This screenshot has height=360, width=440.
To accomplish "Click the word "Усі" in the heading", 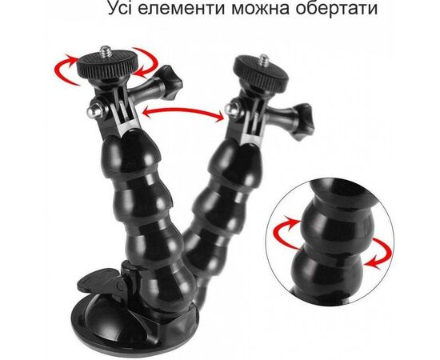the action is click(121, 9).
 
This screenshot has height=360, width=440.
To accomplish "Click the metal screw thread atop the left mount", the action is click(106, 52).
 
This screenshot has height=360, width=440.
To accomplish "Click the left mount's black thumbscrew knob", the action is click(168, 82).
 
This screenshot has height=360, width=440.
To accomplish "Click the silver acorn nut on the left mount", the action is click(94, 110).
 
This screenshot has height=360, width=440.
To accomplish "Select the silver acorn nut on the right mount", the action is click(232, 110).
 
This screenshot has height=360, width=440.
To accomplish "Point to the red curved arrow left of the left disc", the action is click(62, 70).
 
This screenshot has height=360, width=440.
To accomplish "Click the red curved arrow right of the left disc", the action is click(148, 62).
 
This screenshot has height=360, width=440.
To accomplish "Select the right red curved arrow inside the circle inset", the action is click(382, 253).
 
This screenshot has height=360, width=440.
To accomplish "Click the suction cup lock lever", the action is click(101, 281).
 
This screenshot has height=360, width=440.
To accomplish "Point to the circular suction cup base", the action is click(134, 326).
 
